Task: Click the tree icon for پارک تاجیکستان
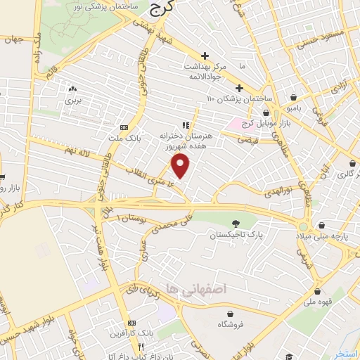coord(244,221)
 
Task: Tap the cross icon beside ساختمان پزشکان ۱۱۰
coord(239,88)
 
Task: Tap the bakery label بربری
coord(73,101)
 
